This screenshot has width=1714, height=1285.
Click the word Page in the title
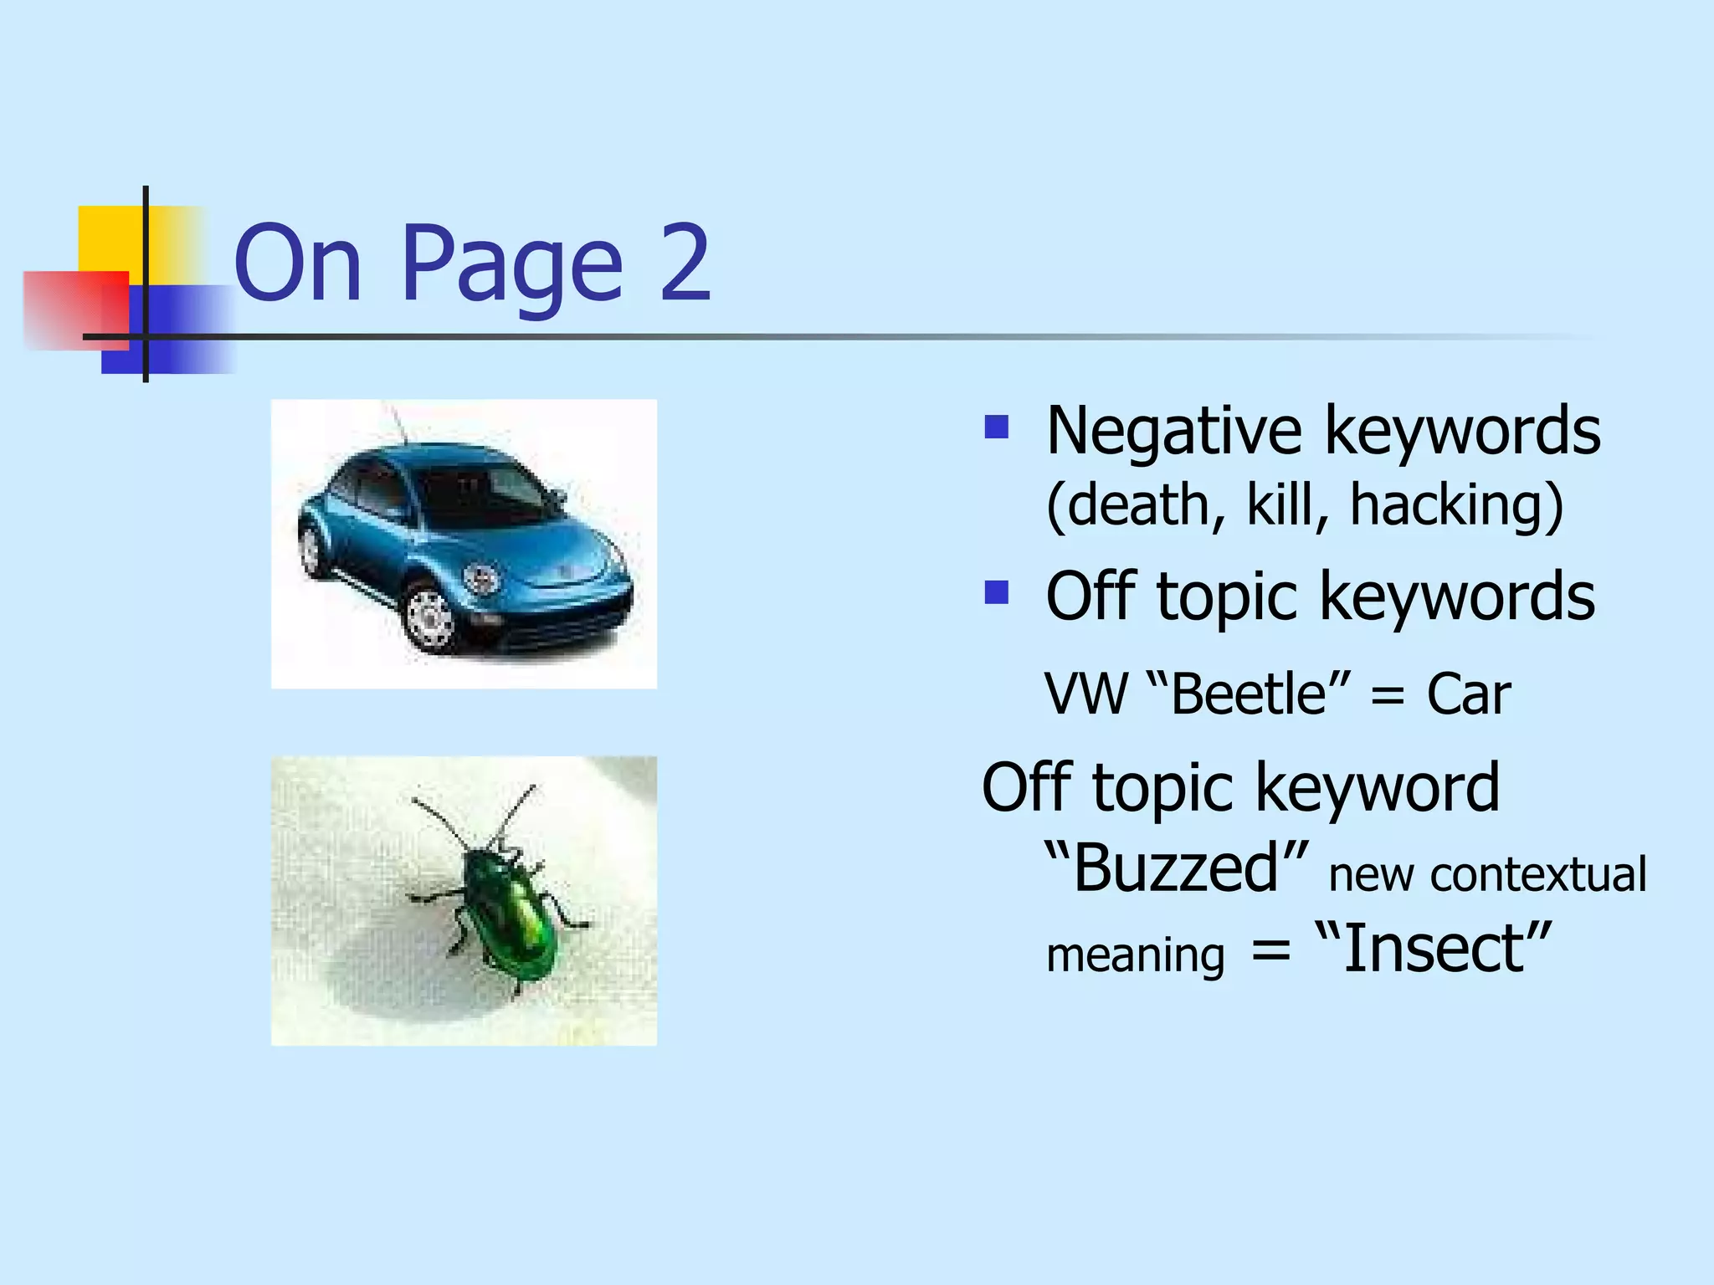point(512,266)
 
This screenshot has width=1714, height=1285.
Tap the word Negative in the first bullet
point(1173,432)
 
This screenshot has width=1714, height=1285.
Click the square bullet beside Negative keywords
point(996,428)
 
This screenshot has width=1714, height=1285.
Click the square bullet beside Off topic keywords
point(996,592)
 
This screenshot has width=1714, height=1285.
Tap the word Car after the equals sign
point(1469,694)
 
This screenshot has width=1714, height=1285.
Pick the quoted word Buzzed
point(1176,868)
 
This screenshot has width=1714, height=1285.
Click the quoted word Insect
point(1433,949)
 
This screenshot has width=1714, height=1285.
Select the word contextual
point(1538,875)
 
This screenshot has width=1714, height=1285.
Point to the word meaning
point(1135,955)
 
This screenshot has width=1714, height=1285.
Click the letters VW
point(1086,694)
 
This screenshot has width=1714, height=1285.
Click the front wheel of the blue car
point(430,617)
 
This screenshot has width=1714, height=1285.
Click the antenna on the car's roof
point(395,423)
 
